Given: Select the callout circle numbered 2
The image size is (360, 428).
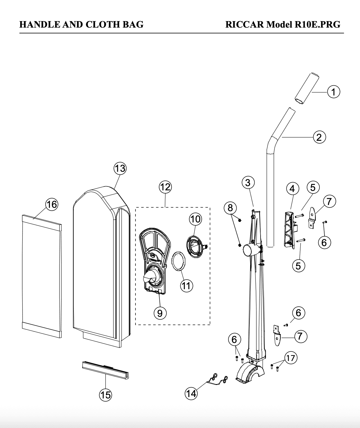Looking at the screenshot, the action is pyautogui.click(x=319, y=137).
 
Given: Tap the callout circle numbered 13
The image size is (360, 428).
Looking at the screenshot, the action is pyautogui.click(x=120, y=168).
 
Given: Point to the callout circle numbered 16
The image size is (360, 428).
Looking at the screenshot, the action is pyautogui.click(x=52, y=204).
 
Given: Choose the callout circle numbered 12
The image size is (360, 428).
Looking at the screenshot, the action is pyautogui.click(x=165, y=187).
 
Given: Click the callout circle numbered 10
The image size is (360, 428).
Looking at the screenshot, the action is pyautogui.click(x=195, y=219).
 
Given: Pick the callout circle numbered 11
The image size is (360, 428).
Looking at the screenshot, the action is pyautogui.click(x=186, y=286).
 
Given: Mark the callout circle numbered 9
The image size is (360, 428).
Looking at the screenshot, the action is pyautogui.click(x=160, y=313).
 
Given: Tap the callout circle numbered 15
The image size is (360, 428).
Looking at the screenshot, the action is pyautogui.click(x=106, y=395).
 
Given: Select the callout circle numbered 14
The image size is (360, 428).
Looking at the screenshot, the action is pyautogui.click(x=191, y=393).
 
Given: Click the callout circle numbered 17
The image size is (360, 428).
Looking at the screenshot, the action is pyautogui.click(x=291, y=358).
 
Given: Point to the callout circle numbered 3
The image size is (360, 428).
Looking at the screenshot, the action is pyautogui.click(x=248, y=182).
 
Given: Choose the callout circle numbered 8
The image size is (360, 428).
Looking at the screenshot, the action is pyautogui.click(x=230, y=208).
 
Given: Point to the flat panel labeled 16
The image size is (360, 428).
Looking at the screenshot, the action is pyautogui.click(x=42, y=276).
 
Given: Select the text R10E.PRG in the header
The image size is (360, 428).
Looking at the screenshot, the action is pyautogui.click(x=317, y=24).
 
